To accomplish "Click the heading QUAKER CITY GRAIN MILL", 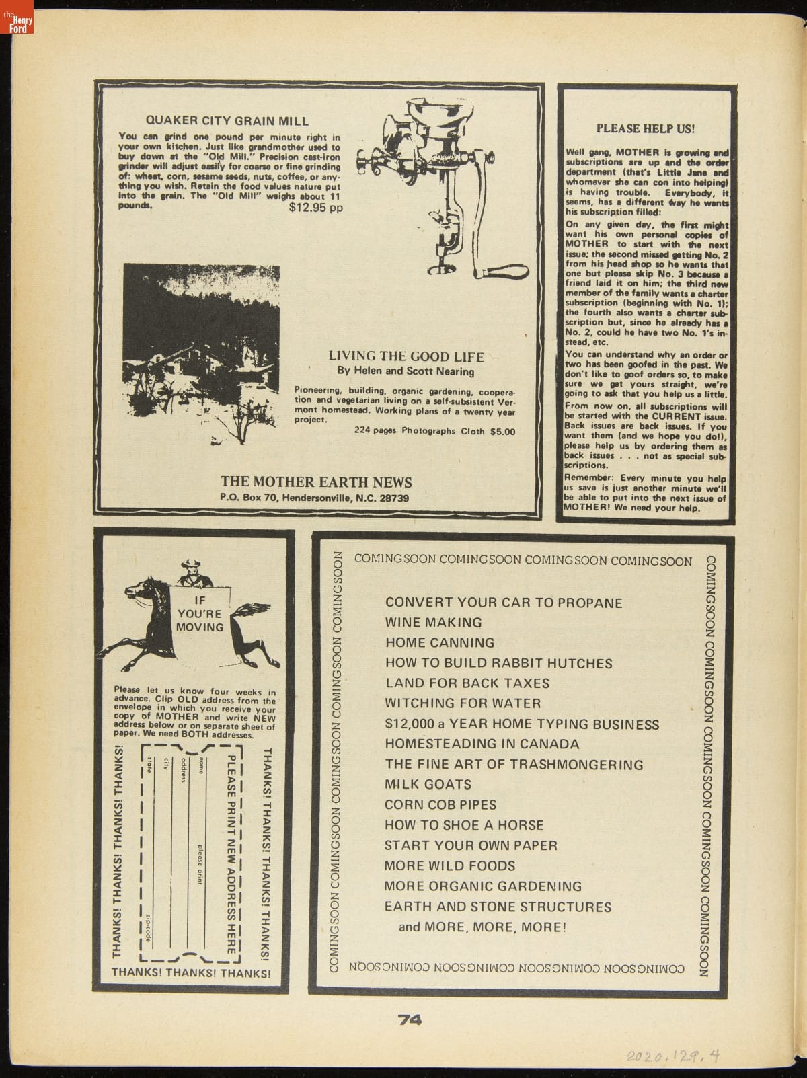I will (227, 121).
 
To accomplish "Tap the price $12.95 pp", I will (315, 208).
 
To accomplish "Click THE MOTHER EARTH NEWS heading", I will (316, 482).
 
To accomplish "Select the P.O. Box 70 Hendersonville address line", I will (314, 498).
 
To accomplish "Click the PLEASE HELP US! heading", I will (645, 128).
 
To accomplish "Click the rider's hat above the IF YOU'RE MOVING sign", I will (190, 563).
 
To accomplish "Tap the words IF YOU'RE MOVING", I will (199, 613).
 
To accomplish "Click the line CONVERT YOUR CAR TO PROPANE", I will (504, 603).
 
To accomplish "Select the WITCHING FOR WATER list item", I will (463, 703).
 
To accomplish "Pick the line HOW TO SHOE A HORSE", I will (464, 825).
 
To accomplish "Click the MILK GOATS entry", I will (428, 784).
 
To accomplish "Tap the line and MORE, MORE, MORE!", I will (482, 927).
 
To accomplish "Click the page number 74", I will (410, 1020).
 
